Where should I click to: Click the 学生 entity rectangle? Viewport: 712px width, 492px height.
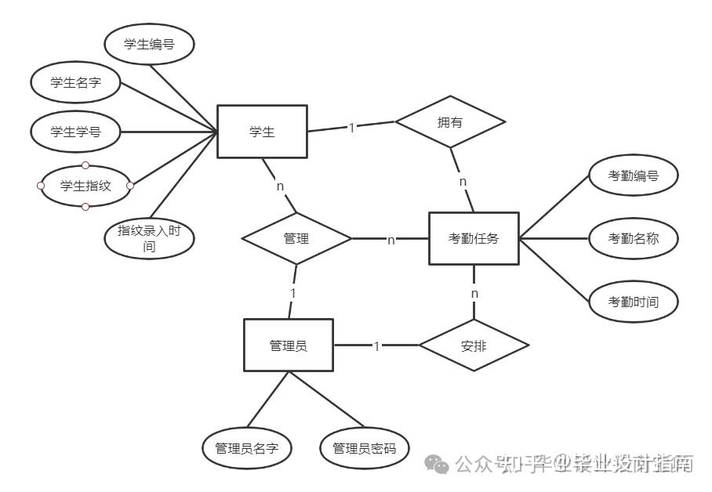coord(262,132)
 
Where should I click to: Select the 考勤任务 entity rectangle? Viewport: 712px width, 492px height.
coord(474,238)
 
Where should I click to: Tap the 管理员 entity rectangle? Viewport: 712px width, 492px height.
coord(289,345)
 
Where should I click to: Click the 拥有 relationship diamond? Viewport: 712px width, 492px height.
coord(450,121)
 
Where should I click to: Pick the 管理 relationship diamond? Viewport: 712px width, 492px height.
coord(296,238)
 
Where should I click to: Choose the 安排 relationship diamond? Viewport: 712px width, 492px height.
coord(474,345)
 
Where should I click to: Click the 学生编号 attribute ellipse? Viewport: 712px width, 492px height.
coord(148,45)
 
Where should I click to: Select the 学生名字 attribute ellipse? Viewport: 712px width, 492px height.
coord(75,81)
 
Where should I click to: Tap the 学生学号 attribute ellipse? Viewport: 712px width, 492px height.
coord(75,131)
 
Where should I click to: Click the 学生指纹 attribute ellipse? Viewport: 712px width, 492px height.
coord(85,186)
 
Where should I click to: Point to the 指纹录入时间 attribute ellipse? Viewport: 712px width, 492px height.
coord(148,238)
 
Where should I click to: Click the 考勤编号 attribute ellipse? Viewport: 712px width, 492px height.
coord(633,175)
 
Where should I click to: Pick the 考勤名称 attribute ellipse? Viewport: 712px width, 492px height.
coord(633,238)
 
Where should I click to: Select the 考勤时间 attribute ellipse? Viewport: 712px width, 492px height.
coord(633,302)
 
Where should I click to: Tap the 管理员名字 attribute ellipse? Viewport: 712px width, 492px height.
coord(247,448)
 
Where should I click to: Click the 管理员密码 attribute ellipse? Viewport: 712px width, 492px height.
coord(365,448)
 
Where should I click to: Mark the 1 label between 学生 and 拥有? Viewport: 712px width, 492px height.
coord(351,127)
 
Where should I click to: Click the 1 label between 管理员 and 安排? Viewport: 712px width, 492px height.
coord(376,345)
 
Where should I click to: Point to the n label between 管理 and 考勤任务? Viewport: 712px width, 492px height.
coord(391,240)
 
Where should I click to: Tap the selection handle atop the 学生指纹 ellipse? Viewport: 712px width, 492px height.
coord(85,165)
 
